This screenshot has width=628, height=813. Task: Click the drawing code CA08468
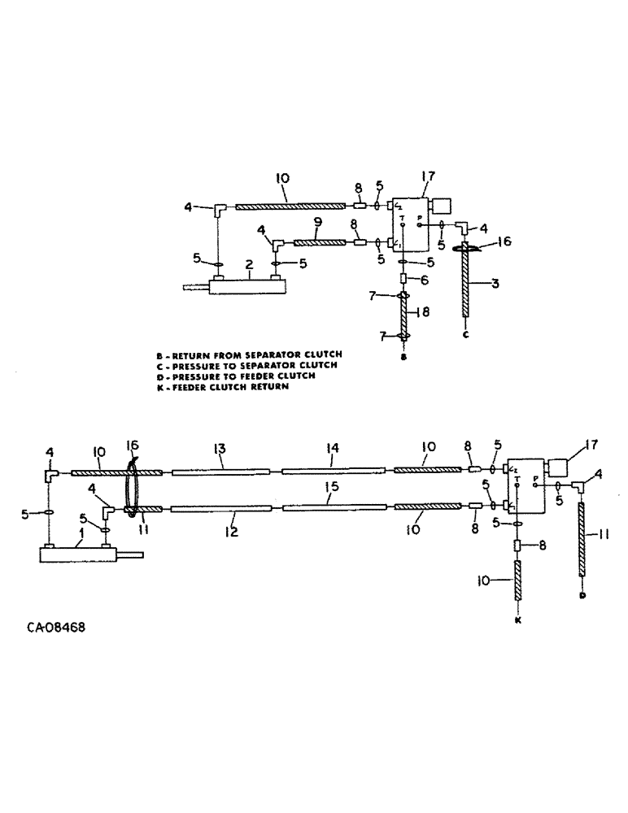tap(57, 628)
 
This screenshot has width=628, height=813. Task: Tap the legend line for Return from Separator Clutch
tap(250, 354)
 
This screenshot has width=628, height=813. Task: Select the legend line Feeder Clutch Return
tap(222, 387)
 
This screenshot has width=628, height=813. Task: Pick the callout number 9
tap(319, 221)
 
